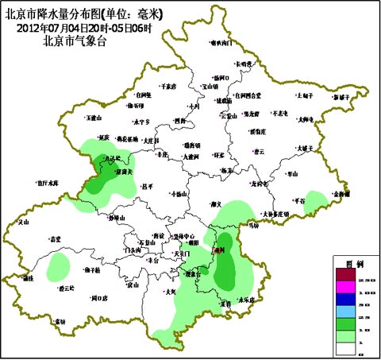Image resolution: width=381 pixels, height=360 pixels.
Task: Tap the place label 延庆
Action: coord(102,137)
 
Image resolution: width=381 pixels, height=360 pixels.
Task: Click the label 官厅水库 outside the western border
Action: coord(48,182)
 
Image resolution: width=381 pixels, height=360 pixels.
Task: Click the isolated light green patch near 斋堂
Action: coord(58,266)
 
